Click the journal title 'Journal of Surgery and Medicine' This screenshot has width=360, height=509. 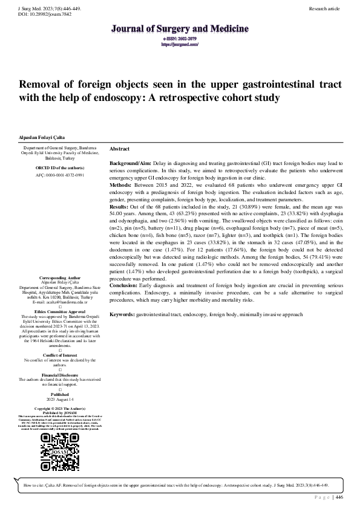click(180, 28)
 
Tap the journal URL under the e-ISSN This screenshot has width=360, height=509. click(180, 44)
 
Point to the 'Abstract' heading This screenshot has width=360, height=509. click(119, 149)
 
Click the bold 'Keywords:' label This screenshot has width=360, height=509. click(123, 315)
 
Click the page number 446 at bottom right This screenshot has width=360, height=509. click(339, 498)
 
